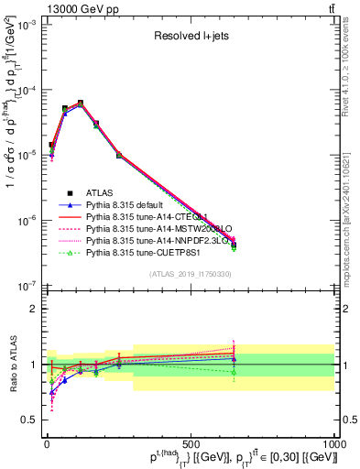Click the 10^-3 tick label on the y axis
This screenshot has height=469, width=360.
(28, 26)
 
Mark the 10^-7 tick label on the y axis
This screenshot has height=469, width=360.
(28, 285)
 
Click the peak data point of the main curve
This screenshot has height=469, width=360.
(81, 104)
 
